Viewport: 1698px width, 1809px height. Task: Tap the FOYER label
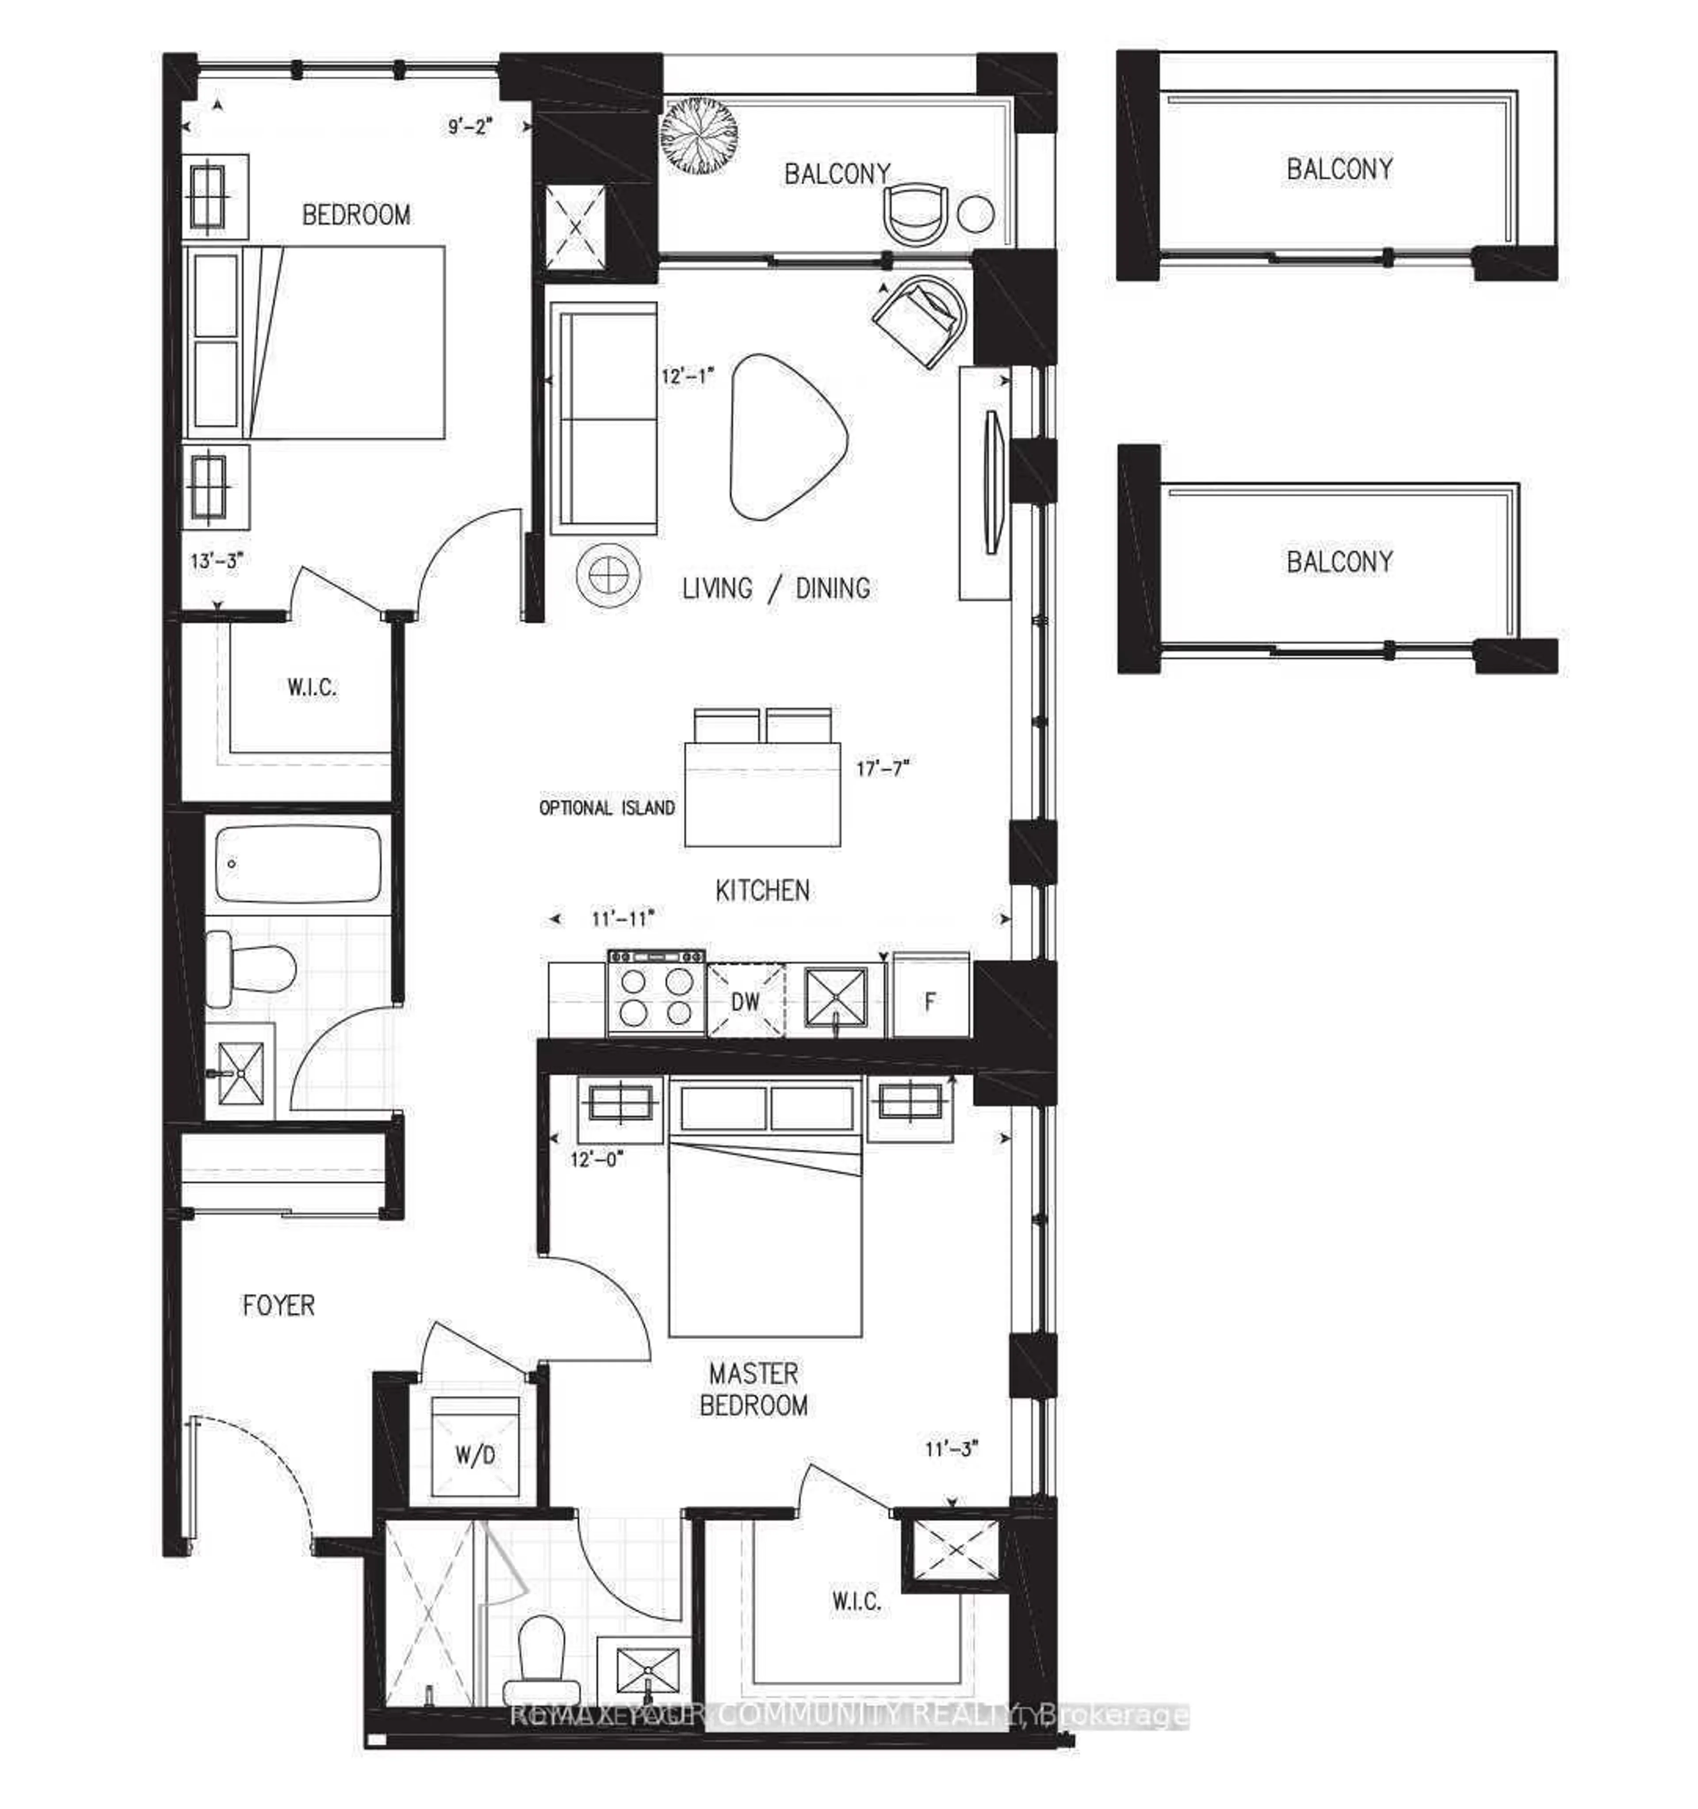coord(279,1306)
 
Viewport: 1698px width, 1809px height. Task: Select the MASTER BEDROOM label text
coord(753,1389)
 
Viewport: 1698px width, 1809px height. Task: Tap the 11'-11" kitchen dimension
coord(623,919)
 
